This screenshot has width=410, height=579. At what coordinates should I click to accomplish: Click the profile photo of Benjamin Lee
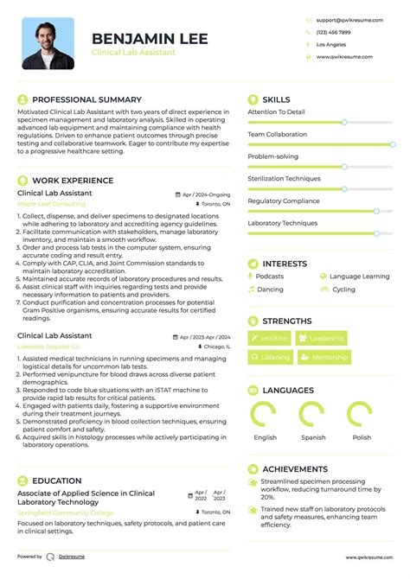point(48,43)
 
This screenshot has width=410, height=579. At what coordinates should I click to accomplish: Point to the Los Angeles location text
point(331,44)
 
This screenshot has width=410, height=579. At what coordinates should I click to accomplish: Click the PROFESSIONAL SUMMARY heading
point(86,99)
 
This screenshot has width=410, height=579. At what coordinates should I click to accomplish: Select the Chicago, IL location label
point(216,347)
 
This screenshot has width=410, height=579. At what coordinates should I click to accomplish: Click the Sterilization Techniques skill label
point(284,178)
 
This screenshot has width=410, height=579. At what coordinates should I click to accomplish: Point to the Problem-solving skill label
point(272,156)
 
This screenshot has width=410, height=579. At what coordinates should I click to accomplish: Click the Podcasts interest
point(270,277)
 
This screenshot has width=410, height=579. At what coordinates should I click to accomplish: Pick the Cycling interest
point(343,289)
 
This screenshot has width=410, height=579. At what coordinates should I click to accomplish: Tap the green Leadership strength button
point(322,338)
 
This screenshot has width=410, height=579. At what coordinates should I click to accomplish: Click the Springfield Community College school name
point(65,513)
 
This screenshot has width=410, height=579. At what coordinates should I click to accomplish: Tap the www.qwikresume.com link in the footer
point(370,557)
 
